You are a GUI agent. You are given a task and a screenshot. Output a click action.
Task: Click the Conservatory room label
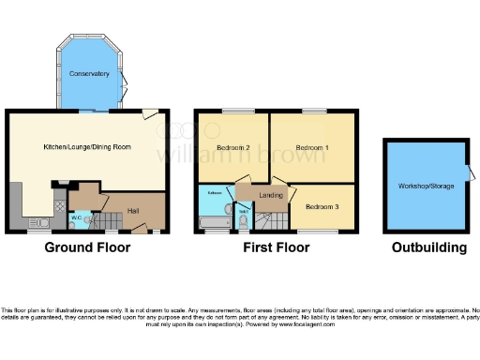(89, 73)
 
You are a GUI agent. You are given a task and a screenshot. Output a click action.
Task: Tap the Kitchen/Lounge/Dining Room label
(86, 147)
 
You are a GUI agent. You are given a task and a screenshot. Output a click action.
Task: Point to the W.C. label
(77, 218)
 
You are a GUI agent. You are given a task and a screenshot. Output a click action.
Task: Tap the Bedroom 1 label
(312, 148)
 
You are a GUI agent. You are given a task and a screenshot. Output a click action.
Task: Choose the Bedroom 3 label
(323, 206)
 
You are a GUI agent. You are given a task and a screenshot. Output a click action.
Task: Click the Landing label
(272, 195)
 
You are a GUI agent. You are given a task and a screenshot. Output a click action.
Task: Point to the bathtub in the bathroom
(214, 222)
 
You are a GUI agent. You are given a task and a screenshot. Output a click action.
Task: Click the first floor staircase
(273, 221)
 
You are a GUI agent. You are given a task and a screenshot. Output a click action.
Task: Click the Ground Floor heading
(89, 248)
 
